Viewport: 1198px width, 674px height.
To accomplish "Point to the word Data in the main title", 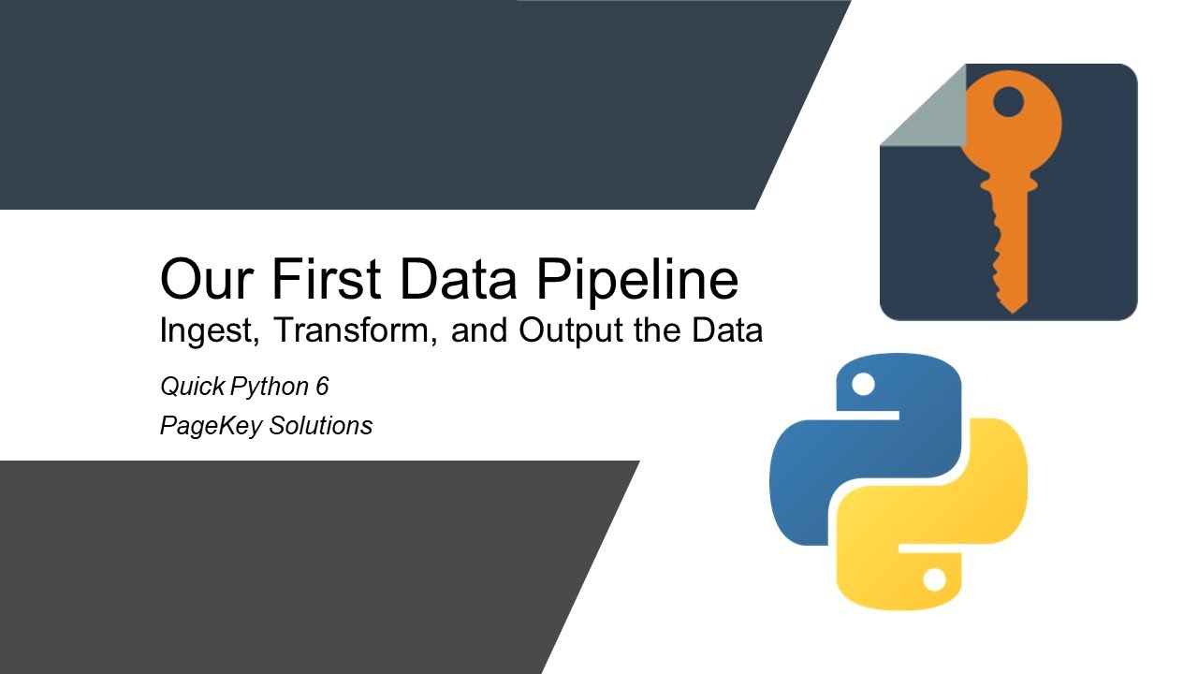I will pos(451,280).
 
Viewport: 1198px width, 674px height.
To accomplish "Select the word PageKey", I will pos(211,426).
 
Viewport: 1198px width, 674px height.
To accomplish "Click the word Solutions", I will pos(321,426).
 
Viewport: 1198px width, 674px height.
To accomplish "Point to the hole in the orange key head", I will pos(1008,102).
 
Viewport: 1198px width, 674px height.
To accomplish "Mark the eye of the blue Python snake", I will pos(863,384).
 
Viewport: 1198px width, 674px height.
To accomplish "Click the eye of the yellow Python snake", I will pos(933,580).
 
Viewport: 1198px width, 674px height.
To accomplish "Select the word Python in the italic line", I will pos(268,386).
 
